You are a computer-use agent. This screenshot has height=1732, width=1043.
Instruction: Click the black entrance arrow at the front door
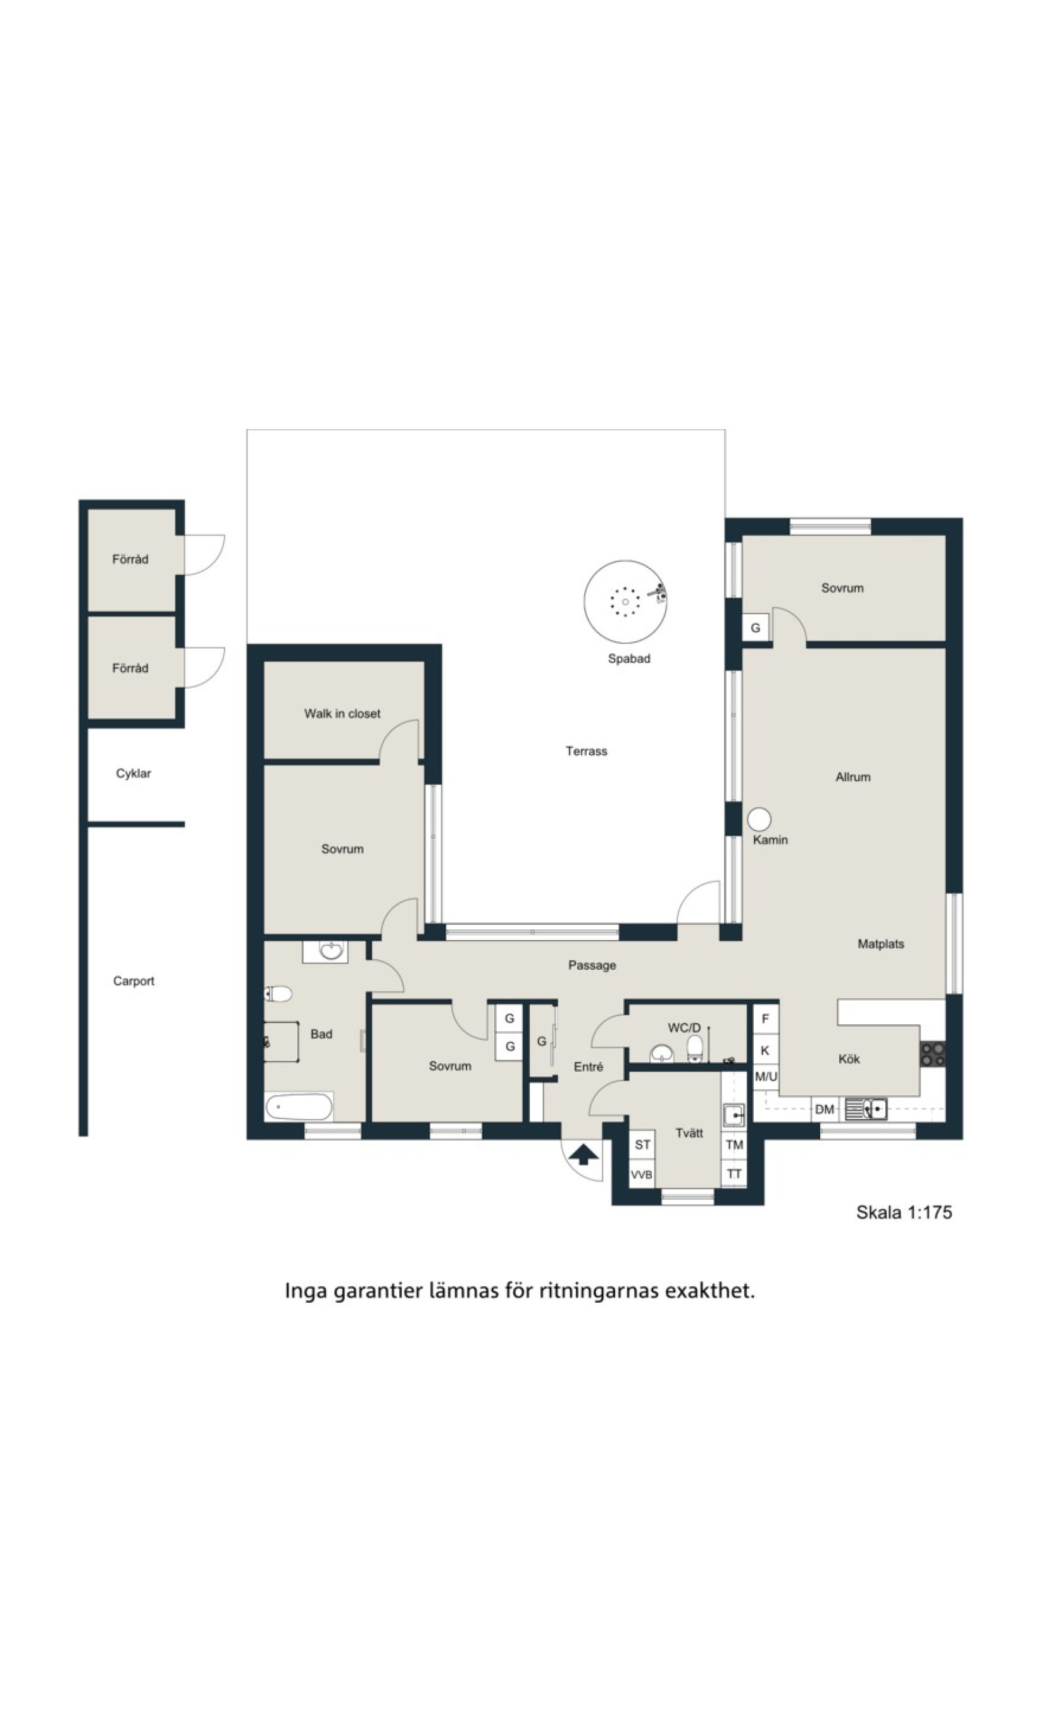(584, 1154)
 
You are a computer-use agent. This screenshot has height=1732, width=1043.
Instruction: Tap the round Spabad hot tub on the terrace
(625, 601)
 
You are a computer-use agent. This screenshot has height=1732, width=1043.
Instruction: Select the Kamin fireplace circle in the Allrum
(759, 819)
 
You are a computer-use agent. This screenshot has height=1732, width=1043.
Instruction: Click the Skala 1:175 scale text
(904, 1212)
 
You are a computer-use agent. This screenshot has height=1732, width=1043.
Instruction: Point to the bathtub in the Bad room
(299, 1107)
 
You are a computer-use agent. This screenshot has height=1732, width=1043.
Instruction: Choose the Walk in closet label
(342, 713)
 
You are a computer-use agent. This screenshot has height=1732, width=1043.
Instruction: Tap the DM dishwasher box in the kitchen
(825, 1109)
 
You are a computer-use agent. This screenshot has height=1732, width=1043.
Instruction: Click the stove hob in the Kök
(933, 1055)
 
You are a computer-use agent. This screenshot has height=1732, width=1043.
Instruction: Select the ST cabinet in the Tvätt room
(642, 1145)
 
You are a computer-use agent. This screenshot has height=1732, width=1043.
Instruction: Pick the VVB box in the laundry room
(642, 1174)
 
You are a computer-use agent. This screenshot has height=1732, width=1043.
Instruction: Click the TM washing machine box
(734, 1145)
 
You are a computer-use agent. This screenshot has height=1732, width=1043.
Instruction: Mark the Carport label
(134, 981)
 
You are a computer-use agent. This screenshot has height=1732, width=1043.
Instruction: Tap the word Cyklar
(134, 773)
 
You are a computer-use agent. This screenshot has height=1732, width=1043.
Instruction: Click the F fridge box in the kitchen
(765, 1019)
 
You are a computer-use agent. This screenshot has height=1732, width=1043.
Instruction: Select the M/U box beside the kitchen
(766, 1076)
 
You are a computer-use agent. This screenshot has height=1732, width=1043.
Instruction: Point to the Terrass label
(586, 751)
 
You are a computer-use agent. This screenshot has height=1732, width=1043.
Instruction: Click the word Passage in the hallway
(592, 965)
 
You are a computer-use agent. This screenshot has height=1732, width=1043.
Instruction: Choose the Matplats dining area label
(880, 944)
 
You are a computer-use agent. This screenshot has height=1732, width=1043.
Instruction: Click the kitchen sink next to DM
(865, 1108)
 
